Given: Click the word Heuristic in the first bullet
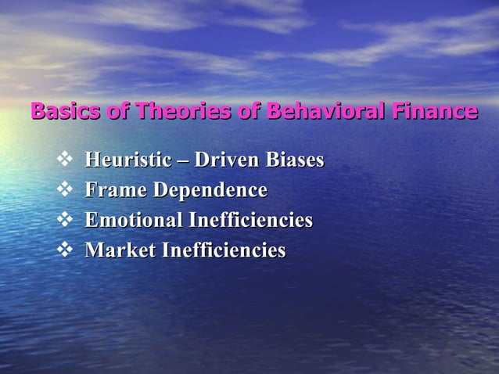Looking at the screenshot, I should point(125,160).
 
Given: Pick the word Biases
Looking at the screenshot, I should point(294,160).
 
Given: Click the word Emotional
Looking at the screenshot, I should point(134,221).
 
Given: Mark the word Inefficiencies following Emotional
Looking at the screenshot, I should point(251,221).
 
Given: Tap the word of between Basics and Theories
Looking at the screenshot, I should point(119,112).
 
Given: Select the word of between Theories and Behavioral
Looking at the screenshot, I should point(248,112).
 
